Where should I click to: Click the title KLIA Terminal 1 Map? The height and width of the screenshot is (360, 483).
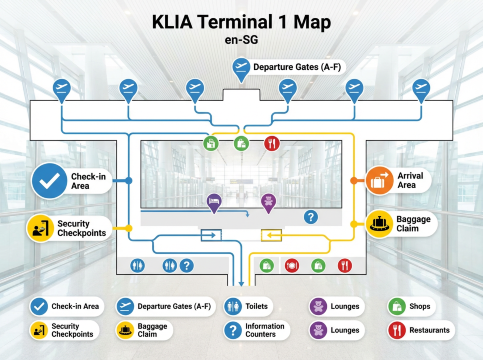point(240,21)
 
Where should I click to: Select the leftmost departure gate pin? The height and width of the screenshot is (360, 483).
point(62,88)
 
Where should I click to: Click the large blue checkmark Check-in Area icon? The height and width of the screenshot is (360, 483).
point(47,181)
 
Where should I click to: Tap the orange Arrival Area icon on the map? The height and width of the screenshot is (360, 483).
point(378,179)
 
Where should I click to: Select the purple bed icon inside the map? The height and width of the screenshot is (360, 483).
point(213,203)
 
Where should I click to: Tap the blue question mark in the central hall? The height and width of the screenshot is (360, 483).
point(311,216)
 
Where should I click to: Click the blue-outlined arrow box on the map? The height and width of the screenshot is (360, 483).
point(209,235)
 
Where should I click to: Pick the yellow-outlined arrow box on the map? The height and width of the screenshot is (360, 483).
point(271,235)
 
